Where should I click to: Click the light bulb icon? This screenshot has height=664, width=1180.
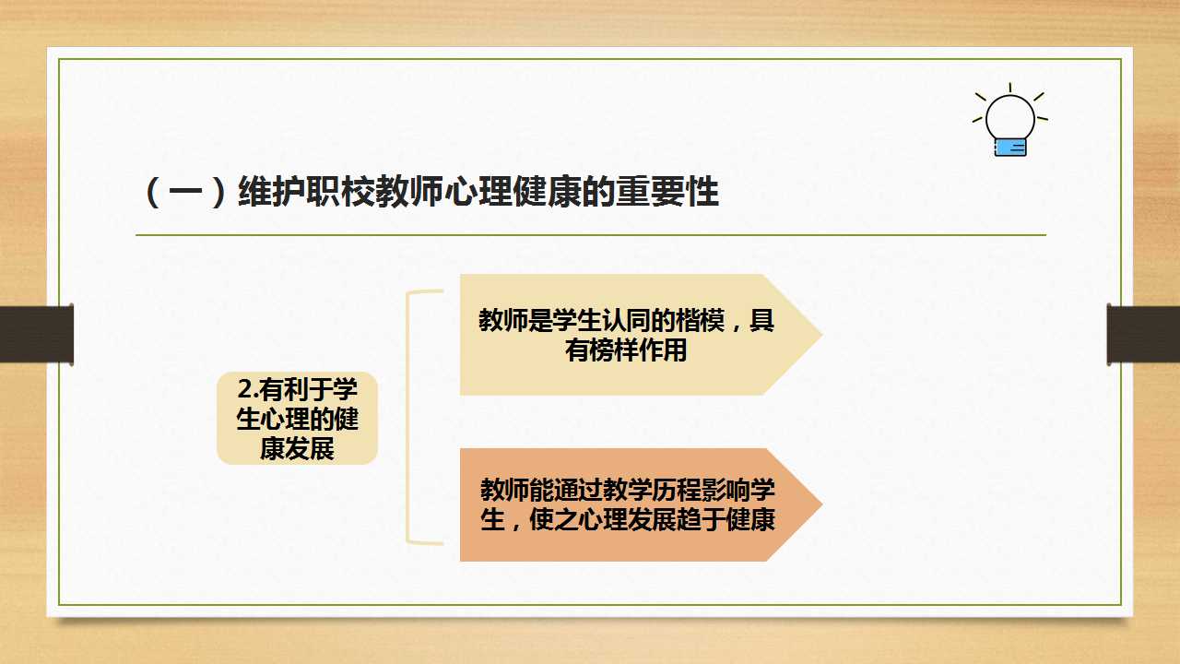pyautogui.click(x=1009, y=120)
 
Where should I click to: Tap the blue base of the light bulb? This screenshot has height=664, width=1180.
pyautogui.click(x=1010, y=148)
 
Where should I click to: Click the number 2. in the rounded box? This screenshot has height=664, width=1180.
pyautogui.click(x=248, y=389)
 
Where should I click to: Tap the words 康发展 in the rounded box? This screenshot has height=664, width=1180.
pyautogui.click(x=297, y=449)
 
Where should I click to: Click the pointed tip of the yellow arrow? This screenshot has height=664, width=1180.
pyautogui.click(x=821, y=334)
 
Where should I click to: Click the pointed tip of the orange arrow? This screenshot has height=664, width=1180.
pyautogui.click(x=821, y=504)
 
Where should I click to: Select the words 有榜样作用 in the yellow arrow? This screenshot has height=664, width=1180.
pyautogui.click(x=626, y=350)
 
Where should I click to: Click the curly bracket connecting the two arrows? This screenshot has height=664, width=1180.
pyautogui.click(x=407, y=416)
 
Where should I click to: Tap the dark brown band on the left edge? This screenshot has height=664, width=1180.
pyautogui.click(x=37, y=334)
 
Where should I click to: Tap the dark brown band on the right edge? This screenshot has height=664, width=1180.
pyautogui.click(x=1143, y=334)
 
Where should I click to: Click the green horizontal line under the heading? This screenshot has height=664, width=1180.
pyautogui.click(x=591, y=235)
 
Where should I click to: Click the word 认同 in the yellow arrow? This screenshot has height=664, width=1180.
pyautogui.click(x=626, y=320)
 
